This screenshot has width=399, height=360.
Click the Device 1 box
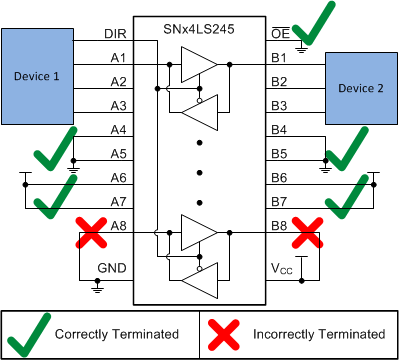pos(37,75)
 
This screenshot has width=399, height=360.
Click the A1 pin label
pos(118,58)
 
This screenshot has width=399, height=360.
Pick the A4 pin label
pos(118,130)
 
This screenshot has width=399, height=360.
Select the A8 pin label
pos(118,226)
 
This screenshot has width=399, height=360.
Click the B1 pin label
pos(281,58)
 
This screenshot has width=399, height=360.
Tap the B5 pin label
pos(281,154)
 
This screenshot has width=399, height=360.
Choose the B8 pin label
pos(281,226)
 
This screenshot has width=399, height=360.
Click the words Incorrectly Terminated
pos(317,333)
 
